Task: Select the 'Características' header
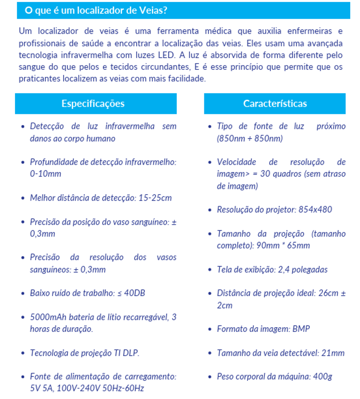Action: [x=275, y=104]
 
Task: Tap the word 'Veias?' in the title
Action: [x=152, y=10]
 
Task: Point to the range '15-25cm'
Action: [x=155, y=198]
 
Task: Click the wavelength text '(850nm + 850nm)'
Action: [x=250, y=138]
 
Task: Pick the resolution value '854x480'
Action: [x=315, y=210]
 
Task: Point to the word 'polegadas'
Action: [x=309, y=270]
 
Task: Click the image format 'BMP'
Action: [x=301, y=329]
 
